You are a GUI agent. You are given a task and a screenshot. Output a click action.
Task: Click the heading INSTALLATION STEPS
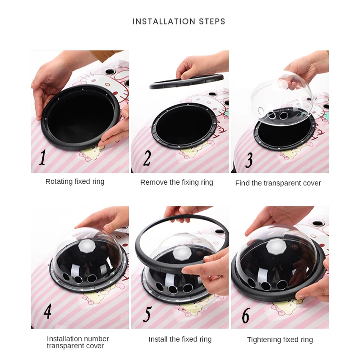coord(179,21)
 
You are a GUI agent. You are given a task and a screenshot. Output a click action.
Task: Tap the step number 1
coord(42,158)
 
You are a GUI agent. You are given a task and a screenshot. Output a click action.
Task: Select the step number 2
coord(147,158)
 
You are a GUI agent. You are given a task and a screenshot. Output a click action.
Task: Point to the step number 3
coord(249,160)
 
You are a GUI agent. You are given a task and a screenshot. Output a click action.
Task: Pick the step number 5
coord(147,314)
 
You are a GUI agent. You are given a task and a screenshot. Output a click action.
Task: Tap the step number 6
coord(246,316)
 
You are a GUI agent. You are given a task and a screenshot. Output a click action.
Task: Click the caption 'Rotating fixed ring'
coord(75,182)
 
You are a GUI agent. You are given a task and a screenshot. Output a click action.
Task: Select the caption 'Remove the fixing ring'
coord(177,183)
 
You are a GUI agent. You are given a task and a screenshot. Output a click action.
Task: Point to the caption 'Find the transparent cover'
coord(278,183)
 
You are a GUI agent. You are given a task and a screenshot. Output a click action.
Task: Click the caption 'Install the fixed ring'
coord(180,339)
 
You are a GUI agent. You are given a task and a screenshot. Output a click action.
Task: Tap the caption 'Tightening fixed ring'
coord(280,340)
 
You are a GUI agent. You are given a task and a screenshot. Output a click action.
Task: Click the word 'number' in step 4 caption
coord(97,339)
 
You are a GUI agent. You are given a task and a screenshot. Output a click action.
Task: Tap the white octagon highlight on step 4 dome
coord(86,246)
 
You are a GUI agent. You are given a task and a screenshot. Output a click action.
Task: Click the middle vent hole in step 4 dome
coord(78,279)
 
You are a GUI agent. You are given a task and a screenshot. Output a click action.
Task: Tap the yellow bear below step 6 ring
coord(285,306)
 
